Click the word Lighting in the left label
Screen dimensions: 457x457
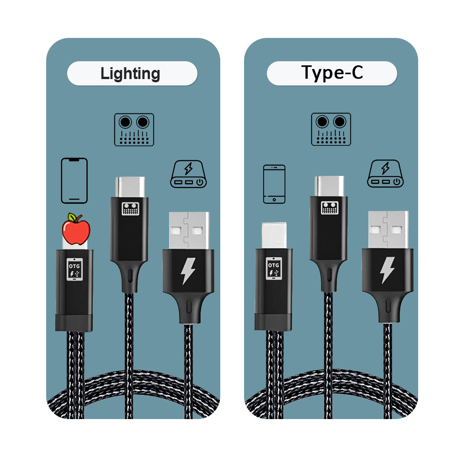pos(130,74)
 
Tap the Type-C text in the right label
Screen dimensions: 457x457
pos(332,72)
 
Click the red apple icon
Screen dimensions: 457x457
pos(76,229)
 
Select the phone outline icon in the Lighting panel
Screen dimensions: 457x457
pos(74,181)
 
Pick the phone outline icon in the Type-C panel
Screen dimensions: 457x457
pos(274,184)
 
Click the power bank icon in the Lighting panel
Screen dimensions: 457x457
pos(188,174)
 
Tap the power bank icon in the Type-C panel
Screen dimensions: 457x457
pos(385,173)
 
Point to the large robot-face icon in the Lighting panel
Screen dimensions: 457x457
pos(134,130)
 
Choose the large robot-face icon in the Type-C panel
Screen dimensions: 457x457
pos(331,129)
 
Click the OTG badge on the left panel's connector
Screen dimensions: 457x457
pos(74,269)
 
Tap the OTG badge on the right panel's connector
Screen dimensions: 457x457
pos(274,268)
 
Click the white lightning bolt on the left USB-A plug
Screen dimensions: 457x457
pos(188,271)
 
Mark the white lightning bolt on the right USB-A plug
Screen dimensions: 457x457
pos(388,270)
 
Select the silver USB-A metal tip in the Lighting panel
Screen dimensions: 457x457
pos(189,230)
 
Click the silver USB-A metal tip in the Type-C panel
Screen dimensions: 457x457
pos(388,230)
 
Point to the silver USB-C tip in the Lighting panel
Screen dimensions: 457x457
pos(130,187)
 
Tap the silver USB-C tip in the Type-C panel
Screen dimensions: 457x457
pos(329,186)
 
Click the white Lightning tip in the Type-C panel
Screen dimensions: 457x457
pos(274,235)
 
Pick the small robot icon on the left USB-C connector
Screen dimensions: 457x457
pos(130,208)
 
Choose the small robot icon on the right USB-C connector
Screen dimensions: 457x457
pos(329,207)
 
